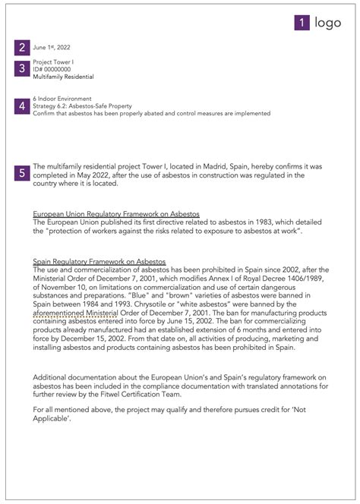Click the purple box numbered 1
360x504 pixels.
(x=302, y=23)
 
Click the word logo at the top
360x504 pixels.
(x=329, y=23)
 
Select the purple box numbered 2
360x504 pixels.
(x=23, y=47)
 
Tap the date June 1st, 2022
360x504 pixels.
(x=52, y=47)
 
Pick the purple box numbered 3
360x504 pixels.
(x=23, y=69)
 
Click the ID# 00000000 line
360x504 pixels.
(x=52, y=69)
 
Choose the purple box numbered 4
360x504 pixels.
(x=23, y=106)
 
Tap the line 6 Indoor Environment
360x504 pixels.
(x=62, y=99)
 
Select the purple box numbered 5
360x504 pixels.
(x=23, y=173)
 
